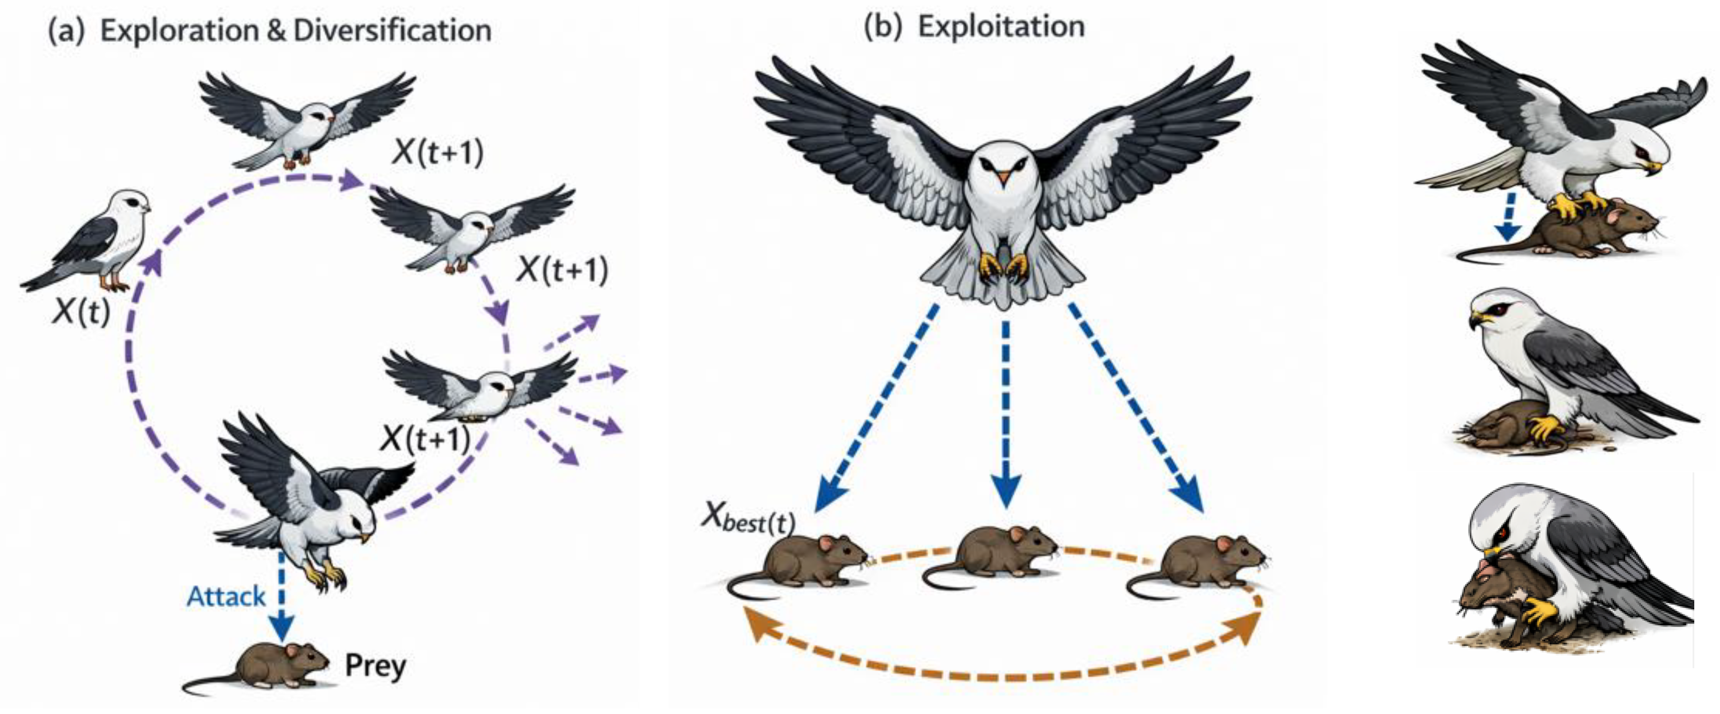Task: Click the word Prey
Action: (x=375, y=666)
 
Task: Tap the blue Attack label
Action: (x=226, y=596)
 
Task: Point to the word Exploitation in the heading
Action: (x=1000, y=27)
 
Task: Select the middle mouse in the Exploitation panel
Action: (x=995, y=554)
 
